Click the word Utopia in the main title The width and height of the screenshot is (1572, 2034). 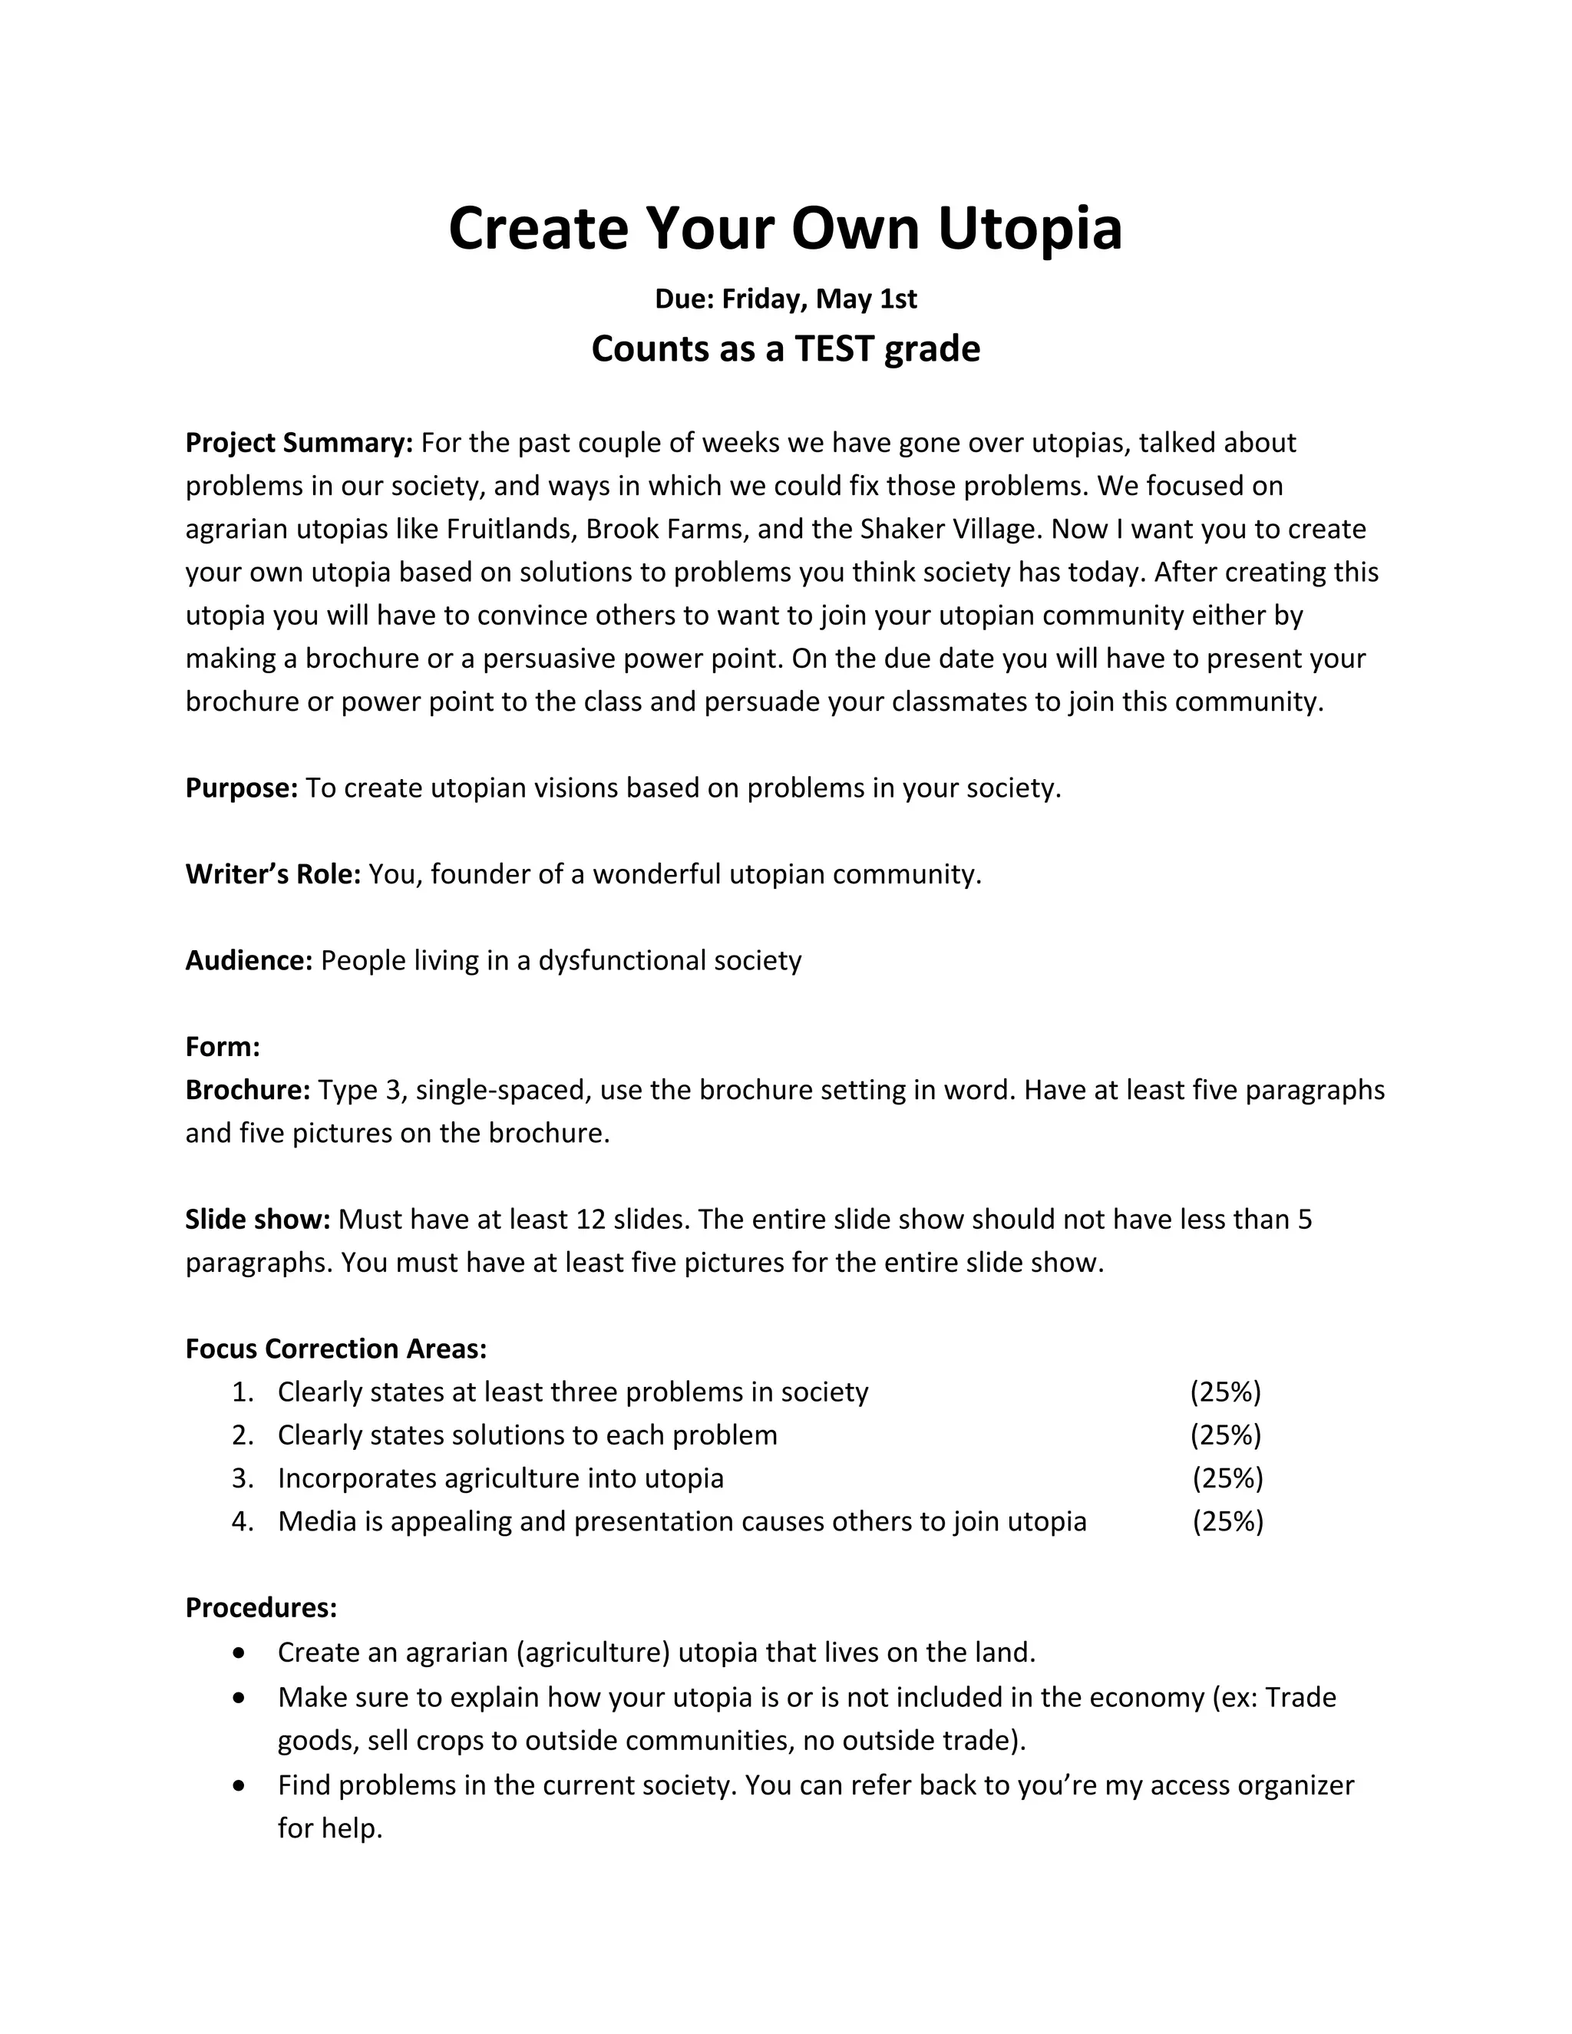point(1029,229)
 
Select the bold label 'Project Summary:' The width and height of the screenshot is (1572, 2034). point(299,442)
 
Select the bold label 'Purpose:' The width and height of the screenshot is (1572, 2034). point(241,788)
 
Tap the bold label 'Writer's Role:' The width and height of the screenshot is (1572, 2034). point(272,873)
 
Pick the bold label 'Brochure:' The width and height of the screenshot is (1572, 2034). point(248,1090)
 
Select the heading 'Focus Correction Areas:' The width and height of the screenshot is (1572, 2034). point(336,1349)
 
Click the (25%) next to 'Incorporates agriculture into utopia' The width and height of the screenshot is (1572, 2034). point(1227,1478)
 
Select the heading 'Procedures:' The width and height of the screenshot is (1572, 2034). point(261,1607)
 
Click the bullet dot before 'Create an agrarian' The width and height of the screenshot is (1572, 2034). point(240,1653)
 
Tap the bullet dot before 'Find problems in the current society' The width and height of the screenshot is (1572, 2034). point(240,1785)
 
